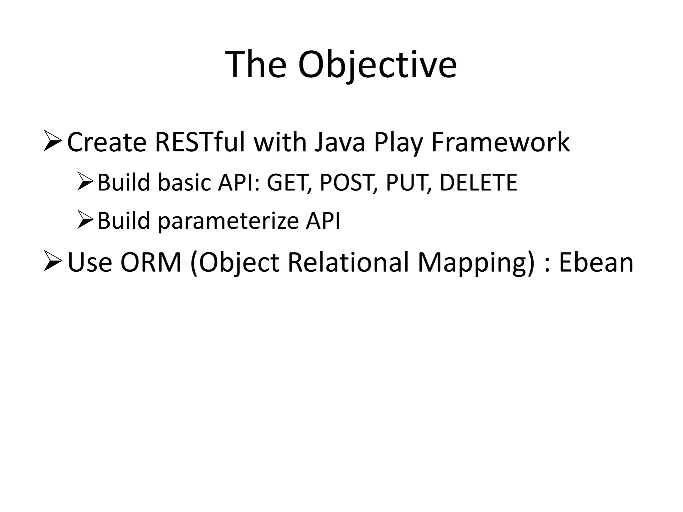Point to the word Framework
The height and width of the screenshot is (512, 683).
click(x=500, y=143)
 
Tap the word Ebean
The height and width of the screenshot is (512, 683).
click(x=596, y=263)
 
